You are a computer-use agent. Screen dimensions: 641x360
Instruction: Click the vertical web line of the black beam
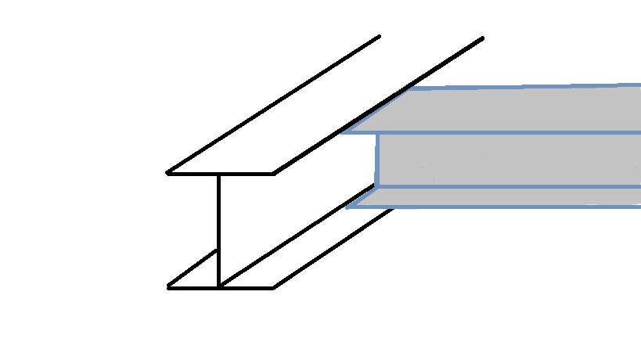pyautogui.click(x=218, y=227)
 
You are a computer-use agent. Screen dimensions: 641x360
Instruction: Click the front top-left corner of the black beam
pyautogui.click(x=168, y=173)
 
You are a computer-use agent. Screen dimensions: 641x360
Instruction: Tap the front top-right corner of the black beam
pyautogui.click(x=273, y=173)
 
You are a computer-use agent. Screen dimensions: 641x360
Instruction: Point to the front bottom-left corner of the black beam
pyautogui.click(x=168, y=287)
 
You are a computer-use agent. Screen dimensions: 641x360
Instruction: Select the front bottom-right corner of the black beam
pyautogui.click(x=273, y=287)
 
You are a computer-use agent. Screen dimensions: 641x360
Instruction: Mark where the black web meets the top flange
pyautogui.click(x=218, y=174)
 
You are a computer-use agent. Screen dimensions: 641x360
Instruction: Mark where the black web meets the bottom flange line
pyautogui.click(x=218, y=287)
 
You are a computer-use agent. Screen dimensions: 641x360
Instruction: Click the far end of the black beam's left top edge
pyautogui.click(x=380, y=36)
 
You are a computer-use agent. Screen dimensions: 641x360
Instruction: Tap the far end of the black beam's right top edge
pyautogui.click(x=482, y=38)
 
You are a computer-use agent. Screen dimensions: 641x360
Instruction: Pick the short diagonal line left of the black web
pyautogui.click(x=193, y=269)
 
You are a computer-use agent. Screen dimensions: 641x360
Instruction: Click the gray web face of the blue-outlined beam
pyautogui.click(x=509, y=160)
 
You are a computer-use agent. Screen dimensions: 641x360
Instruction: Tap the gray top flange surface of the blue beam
pyautogui.click(x=509, y=110)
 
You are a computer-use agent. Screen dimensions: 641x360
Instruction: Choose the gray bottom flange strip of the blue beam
pyautogui.click(x=509, y=197)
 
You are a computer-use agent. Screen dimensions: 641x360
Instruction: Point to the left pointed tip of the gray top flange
pyautogui.click(x=343, y=132)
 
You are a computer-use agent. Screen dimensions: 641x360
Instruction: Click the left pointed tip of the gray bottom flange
pyautogui.click(x=348, y=207)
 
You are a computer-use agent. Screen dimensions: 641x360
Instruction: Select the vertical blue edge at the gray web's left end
pyautogui.click(x=377, y=160)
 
